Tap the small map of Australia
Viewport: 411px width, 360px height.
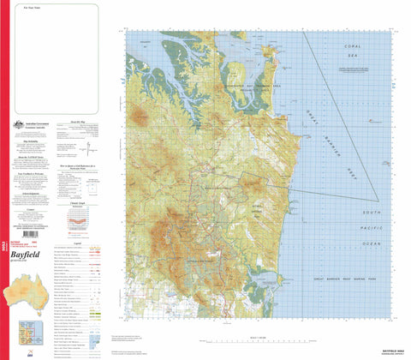[23, 294]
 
